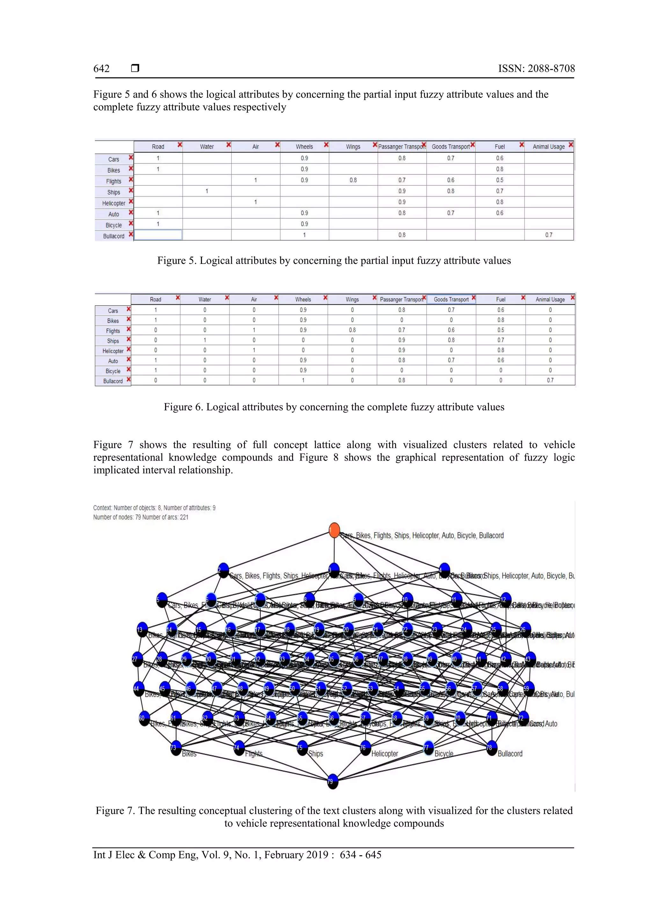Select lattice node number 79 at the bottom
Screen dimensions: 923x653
click(x=333, y=782)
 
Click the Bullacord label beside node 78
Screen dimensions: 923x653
click(x=510, y=754)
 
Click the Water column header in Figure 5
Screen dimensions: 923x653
click(x=207, y=147)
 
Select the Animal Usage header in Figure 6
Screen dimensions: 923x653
click(x=550, y=300)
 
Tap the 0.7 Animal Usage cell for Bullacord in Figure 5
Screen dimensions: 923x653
click(x=548, y=235)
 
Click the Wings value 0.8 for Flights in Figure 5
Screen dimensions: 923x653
click(x=353, y=180)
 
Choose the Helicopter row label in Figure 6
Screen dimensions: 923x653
click(x=113, y=351)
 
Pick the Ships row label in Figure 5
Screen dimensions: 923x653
click(x=114, y=192)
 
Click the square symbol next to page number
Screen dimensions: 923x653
click(x=135, y=68)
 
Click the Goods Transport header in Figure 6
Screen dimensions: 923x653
click(x=451, y=300)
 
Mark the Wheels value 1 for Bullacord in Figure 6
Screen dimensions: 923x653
click(x=303, y=380)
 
